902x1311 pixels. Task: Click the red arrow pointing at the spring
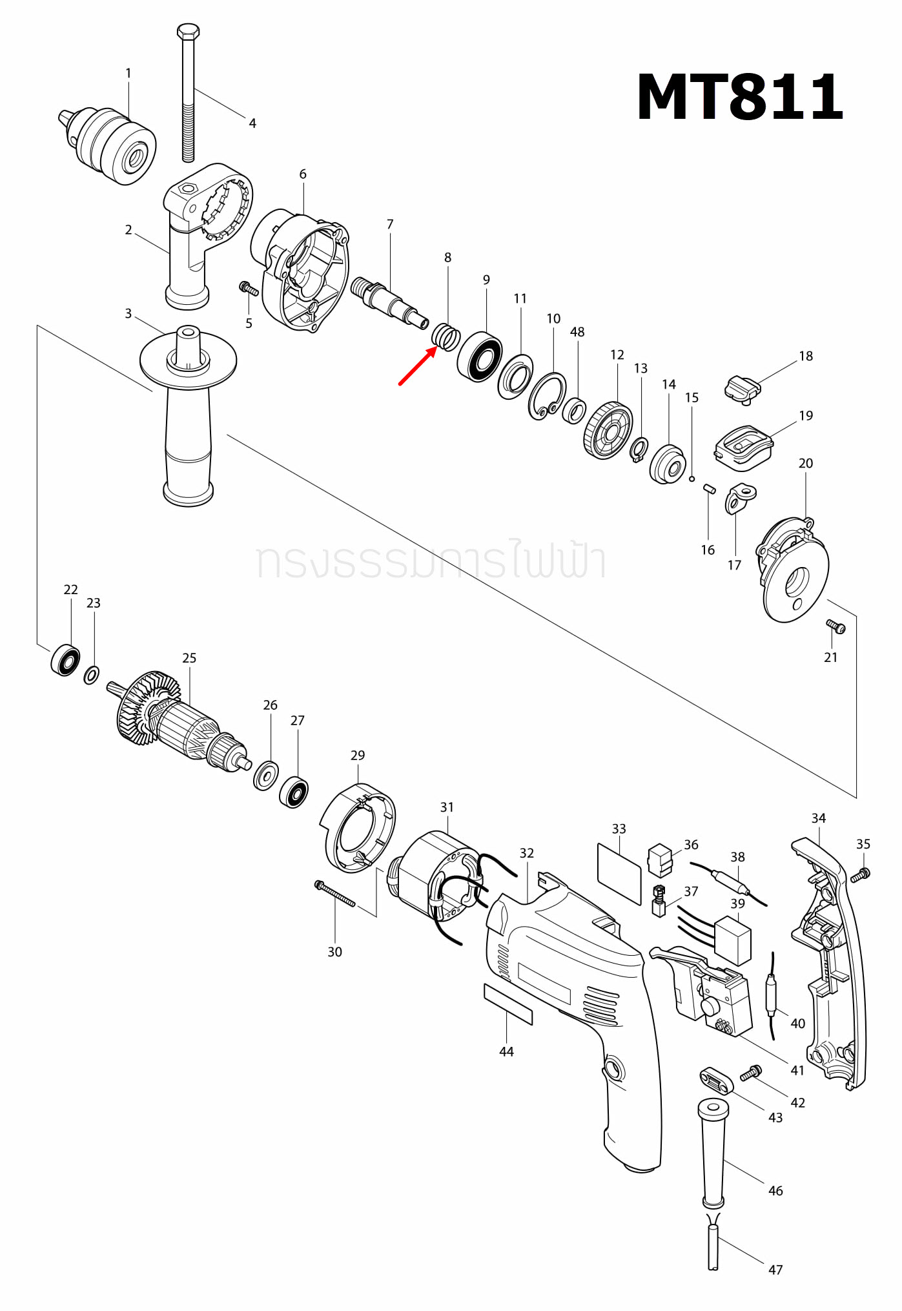(416, 366)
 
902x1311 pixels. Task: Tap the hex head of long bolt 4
(188, 31)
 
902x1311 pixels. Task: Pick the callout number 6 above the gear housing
(303, 174)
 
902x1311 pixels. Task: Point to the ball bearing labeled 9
(480, 356)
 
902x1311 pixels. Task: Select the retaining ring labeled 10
(547, 396)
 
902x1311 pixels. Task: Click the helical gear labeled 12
(608, 430)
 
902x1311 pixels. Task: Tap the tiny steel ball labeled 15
(692, 479)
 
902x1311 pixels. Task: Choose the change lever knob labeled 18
(743, 388)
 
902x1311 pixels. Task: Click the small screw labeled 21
(835, 626)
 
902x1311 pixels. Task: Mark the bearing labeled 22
(65, 659)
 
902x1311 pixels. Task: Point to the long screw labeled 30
(334, 894)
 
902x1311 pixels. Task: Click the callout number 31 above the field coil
(447, 807)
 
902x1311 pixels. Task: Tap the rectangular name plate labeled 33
(619, 872)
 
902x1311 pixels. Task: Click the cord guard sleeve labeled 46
(713, 1153)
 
